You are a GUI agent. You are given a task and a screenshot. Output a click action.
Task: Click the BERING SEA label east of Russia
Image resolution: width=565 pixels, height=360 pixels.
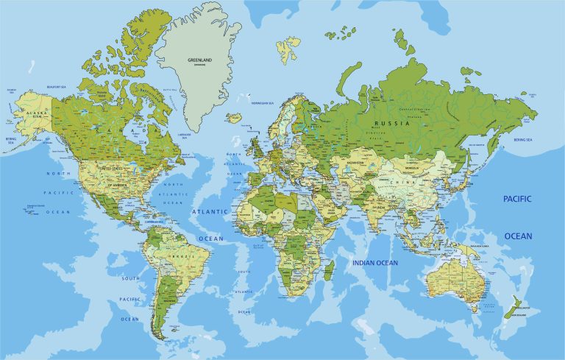523,139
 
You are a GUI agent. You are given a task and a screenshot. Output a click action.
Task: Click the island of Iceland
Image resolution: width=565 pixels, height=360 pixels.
235,117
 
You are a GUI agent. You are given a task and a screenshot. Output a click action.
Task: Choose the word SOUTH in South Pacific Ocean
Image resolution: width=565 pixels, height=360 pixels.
130,278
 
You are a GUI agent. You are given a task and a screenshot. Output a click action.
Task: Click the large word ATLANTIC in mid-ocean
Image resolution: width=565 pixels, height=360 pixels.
209,211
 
